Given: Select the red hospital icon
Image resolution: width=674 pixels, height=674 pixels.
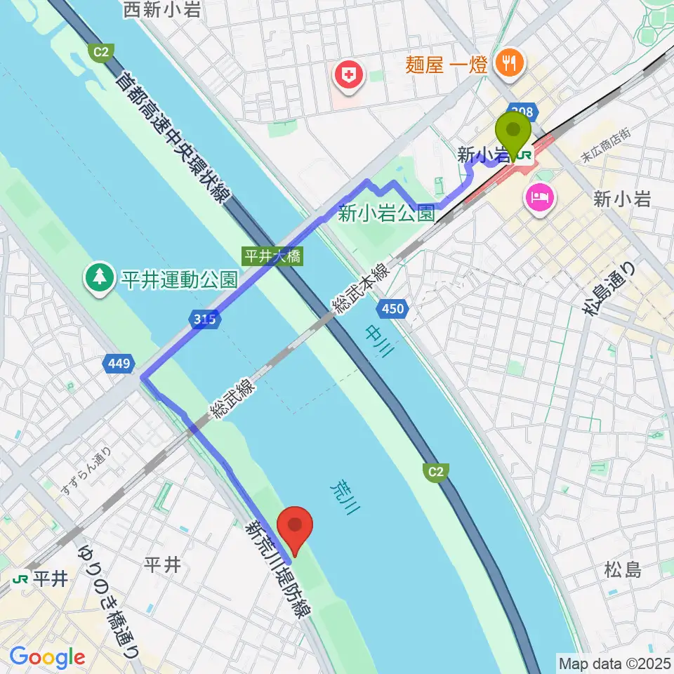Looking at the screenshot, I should [x=348, y=74].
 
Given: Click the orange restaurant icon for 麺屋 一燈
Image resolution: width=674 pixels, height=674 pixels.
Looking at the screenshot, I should [x=507, y=65].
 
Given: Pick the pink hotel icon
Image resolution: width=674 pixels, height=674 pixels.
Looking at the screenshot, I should [x=538, y=196].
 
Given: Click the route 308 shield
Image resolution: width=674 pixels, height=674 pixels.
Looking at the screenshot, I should [x=523, y=111].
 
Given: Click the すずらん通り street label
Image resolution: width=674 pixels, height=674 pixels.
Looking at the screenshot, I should [x=86, y=468].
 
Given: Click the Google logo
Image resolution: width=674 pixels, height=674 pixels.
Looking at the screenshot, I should [x=47, y=658].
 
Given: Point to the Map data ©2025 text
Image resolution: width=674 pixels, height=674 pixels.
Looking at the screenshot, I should [x=614, y=662].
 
